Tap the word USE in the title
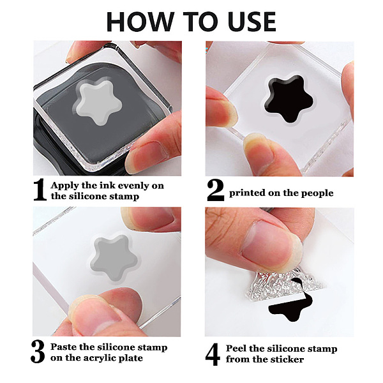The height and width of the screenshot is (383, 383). click(252, 21)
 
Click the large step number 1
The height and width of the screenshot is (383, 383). click(40, 190)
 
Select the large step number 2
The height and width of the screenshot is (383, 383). click(216, 190)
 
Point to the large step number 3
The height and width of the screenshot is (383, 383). click(38, 352)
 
